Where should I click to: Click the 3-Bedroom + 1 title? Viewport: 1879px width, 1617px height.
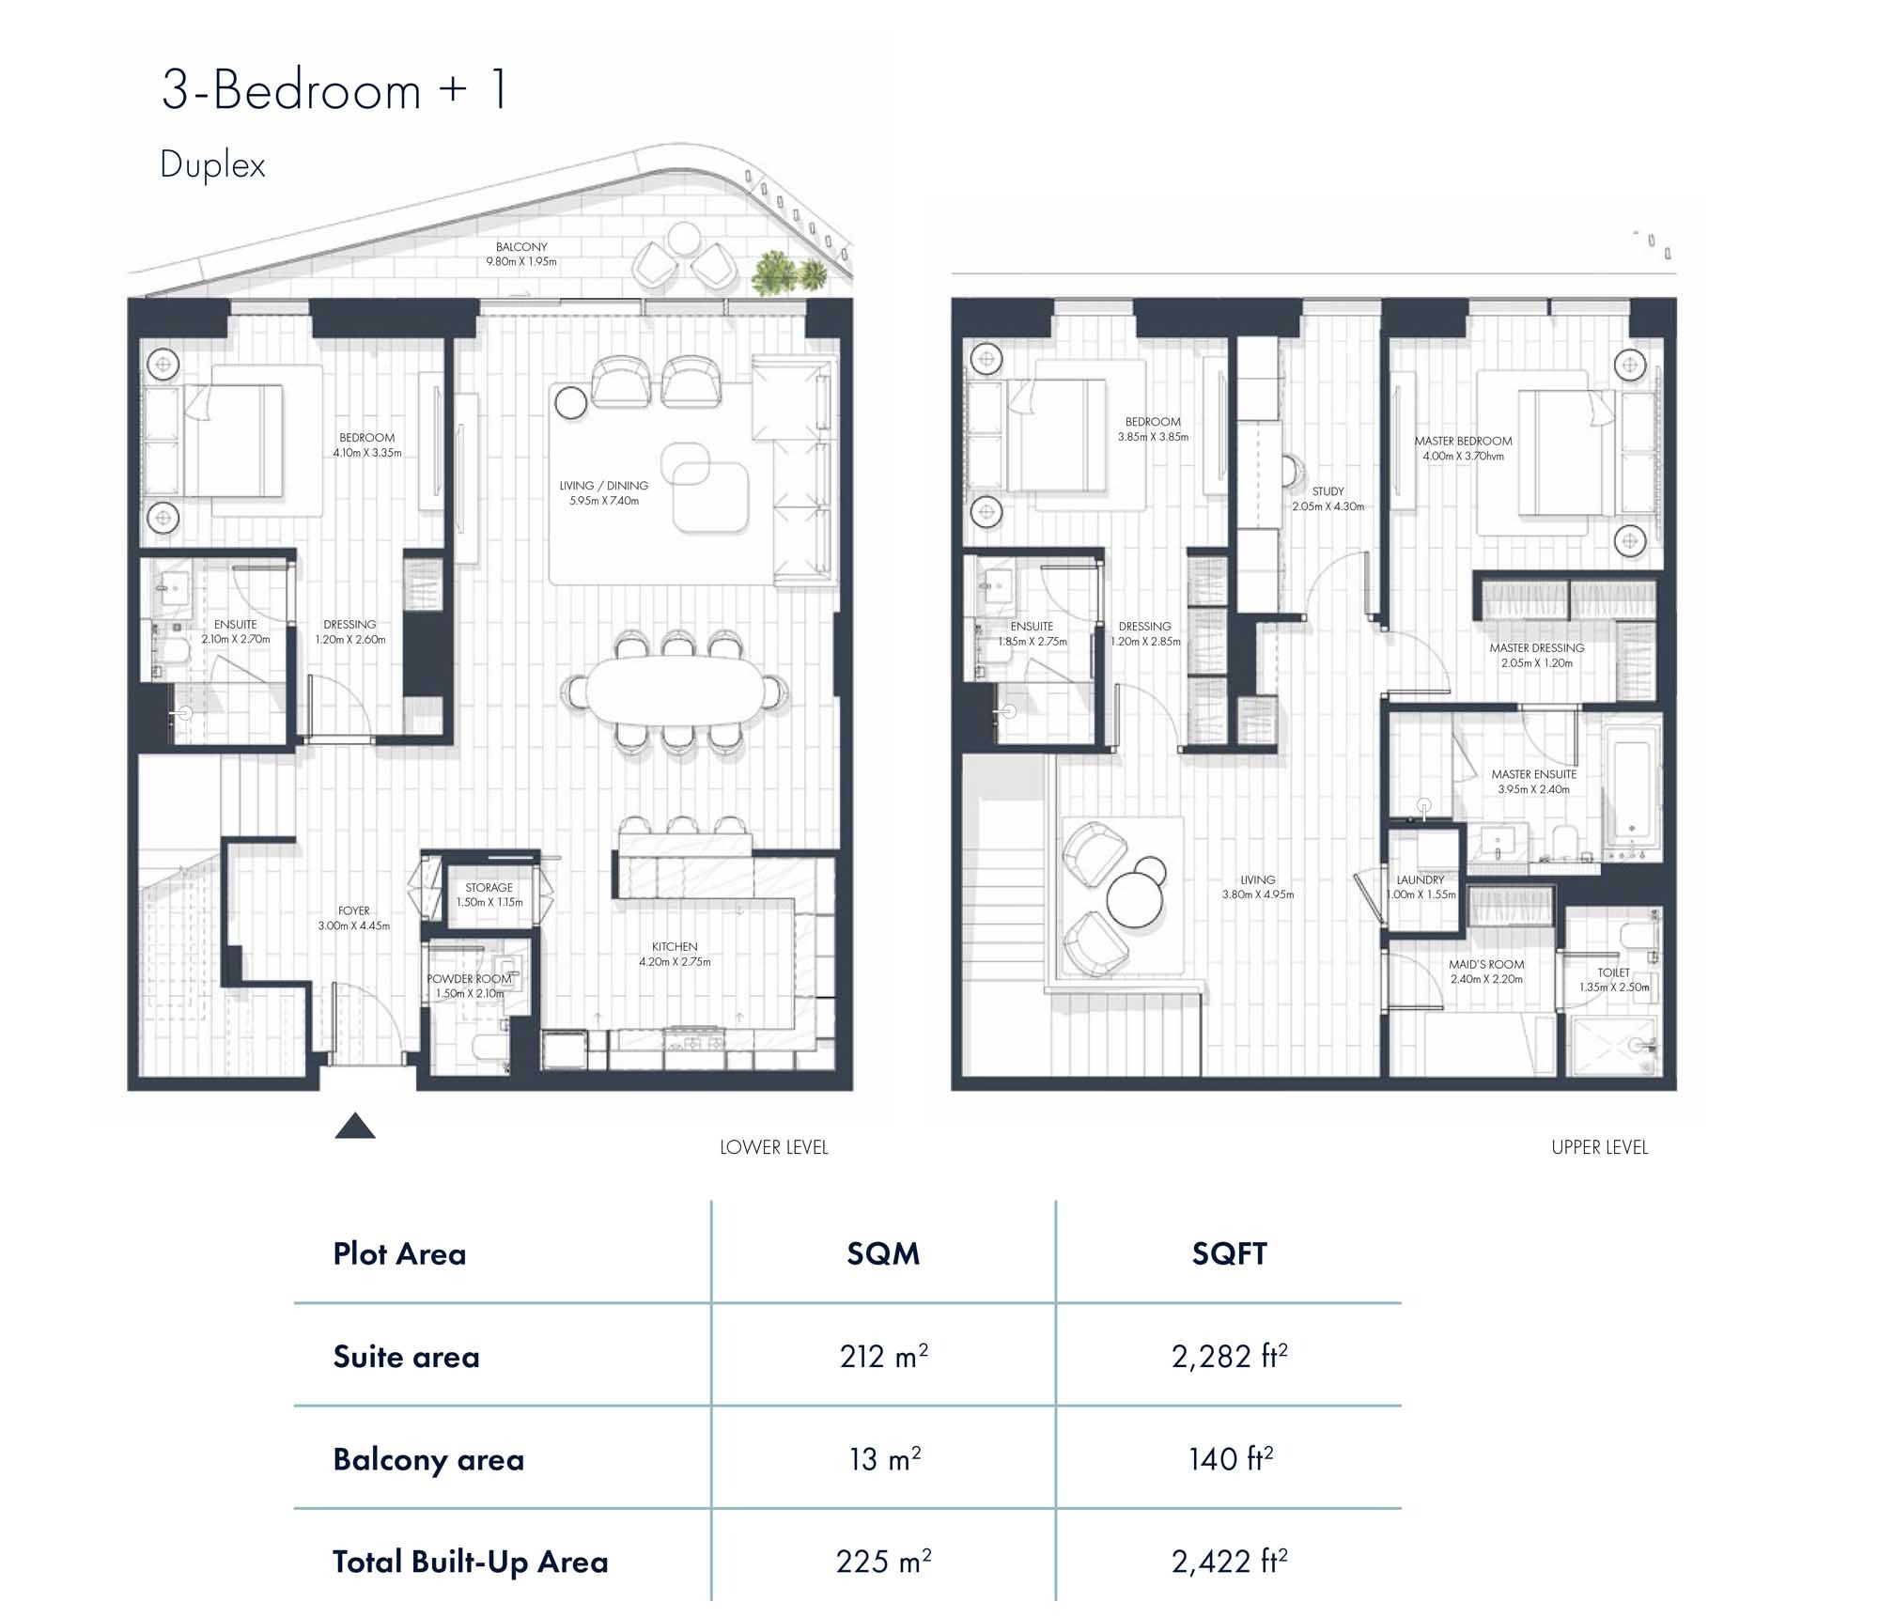(334, 91)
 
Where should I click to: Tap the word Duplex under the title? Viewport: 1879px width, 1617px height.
(212, 165)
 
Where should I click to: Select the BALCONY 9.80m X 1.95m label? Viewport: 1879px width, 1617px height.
(521, 254)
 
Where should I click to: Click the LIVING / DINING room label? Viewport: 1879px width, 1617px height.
(603, 493)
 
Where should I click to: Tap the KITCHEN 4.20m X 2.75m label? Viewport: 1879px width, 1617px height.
(675, 954)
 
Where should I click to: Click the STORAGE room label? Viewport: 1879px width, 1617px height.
(489, 894)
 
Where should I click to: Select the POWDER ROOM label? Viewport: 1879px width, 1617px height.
(470, 986)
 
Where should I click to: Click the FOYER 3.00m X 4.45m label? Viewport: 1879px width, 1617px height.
(353, 918)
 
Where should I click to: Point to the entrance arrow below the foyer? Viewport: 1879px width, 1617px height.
(355, 1126)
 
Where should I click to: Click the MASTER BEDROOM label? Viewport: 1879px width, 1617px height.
(1463, 448)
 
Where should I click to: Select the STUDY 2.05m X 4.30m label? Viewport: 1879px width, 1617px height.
(1328, 498)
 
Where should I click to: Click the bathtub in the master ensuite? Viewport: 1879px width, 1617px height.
(1632, 791)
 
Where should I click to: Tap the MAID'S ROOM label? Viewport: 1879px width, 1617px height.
(1486, 972)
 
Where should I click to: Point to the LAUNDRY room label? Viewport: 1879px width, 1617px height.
(1421, 887)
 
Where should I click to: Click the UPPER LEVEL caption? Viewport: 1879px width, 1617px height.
(1599, 1147)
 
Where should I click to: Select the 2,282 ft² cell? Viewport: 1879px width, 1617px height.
(1229, 1356)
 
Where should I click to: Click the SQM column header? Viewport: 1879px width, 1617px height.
(882, 1253)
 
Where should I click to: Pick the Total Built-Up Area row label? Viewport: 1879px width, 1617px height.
(470, 1562)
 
